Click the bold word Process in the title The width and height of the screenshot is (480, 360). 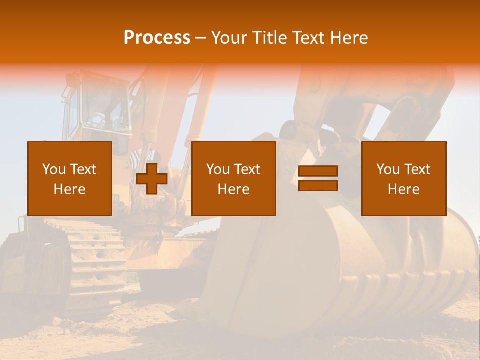click(157, 38)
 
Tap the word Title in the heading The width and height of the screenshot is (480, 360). click(270, 38)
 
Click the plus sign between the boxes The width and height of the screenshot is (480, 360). click(152, 179)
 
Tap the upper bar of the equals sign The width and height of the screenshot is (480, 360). click(318, 171)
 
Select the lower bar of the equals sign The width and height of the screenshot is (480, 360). click(318, 185)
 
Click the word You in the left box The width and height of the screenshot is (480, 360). click(54, 169)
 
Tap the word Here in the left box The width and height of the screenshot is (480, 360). click(69, 189)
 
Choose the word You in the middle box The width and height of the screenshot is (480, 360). click(218, 169)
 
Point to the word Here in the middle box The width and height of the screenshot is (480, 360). click(233, 189)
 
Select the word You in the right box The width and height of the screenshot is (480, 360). click(388, 169)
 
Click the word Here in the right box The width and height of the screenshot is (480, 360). click(403, 189)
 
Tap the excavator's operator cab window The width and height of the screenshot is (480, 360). click(102, 107)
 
